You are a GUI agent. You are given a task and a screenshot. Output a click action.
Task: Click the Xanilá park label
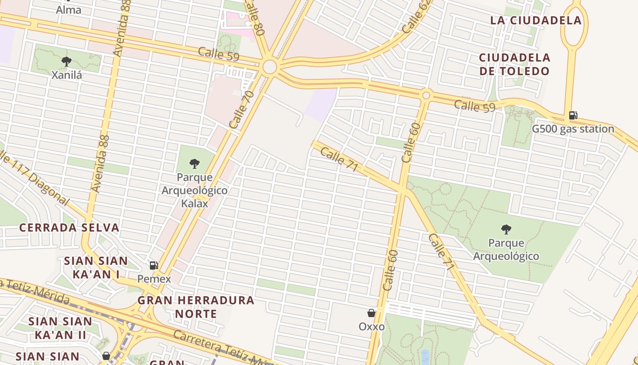click(67, 75)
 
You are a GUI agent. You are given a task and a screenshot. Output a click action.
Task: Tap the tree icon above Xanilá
click(67, 61)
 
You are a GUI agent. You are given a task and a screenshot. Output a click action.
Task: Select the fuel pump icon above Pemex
click(154, 266)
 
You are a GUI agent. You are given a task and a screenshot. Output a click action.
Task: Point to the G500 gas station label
click(573, 129)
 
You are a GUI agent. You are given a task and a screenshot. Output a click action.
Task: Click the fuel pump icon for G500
click(573, 115)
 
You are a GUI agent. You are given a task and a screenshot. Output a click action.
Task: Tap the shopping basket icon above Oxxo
click(371, 313)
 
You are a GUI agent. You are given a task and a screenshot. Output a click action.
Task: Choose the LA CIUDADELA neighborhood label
click(536, 20)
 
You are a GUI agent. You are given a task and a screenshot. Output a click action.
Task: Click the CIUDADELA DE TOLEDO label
click(515, 64)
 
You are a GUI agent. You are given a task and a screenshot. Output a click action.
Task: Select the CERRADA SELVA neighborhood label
click(69, 228)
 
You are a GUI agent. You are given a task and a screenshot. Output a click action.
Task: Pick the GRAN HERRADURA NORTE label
click(196, 307)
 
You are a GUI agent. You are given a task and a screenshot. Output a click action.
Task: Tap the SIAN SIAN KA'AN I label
click(96, 267)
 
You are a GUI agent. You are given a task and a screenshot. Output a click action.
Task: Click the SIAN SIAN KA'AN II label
click(60, 328)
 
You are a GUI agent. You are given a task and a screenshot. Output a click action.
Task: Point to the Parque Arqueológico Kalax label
click(195, 190)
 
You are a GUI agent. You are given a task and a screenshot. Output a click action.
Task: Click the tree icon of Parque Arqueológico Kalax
click(195, 163)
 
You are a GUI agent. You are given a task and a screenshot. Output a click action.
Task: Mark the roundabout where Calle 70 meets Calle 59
click(270, 67)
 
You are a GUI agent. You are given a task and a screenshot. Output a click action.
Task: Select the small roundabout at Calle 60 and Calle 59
click(426, 95)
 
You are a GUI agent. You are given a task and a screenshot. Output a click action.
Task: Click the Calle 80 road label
click(254, 17)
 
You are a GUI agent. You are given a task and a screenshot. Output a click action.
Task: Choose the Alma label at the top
click(68, 10)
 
